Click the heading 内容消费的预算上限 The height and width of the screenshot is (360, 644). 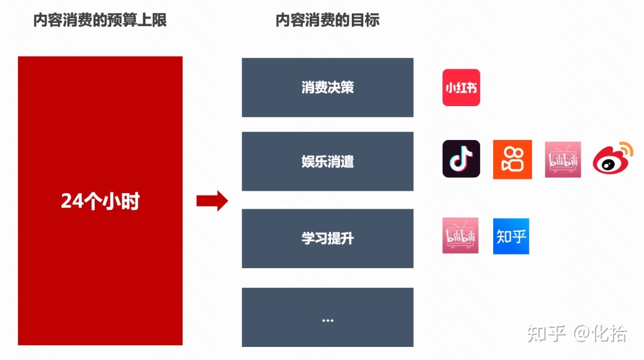100,20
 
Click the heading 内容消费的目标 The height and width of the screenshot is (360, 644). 327,20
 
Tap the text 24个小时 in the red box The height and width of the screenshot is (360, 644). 100,201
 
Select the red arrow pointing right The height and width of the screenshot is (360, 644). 212,201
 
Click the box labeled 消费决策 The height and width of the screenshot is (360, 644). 327,88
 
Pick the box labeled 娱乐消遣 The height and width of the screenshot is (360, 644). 327,162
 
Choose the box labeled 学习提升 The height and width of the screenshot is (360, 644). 327,238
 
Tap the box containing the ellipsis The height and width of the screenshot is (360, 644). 327,317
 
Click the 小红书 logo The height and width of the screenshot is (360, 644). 461,88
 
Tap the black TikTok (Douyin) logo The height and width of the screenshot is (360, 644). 461,159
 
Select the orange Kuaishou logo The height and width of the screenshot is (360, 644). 512,159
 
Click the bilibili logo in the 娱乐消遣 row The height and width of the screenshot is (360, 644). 563,159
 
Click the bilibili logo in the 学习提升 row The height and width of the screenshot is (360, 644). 460,236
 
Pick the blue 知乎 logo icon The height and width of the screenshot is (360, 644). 511,236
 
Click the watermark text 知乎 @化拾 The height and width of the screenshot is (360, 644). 577,334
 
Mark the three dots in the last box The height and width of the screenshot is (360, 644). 327,320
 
